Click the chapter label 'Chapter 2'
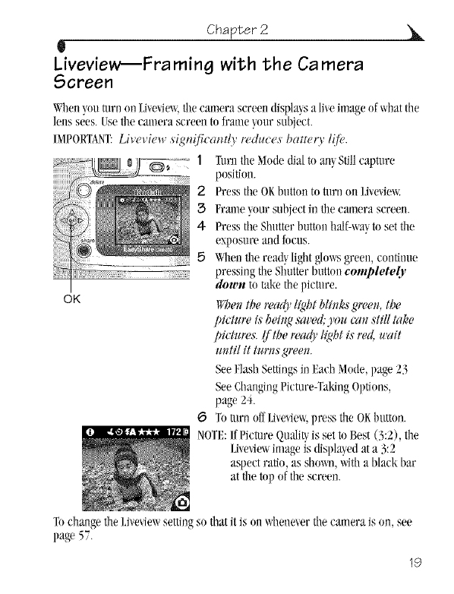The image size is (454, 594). pyautogui.click(x=238, y=30)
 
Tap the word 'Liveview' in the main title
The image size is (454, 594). pyautogui.click(x=87, y=65)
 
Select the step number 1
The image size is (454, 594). pyautogui.click(x=200, y=160)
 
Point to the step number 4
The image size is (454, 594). pyautogui.click(x=201, y=226)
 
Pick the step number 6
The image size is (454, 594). pyautogui.click(x=201, y=418)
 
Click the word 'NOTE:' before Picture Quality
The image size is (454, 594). pyautogui.click(x=212, y=435)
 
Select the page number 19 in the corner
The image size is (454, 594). pyautogui.click(x=415, y=562)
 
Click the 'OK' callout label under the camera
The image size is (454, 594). pyautogui.click(x=72, y=299)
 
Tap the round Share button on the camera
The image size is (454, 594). pyautogui.click(x=84, y=250)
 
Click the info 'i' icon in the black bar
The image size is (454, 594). pyautogui.click(x=90, y=432)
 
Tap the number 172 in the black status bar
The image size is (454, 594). pyautogui.click(x=174, y=432)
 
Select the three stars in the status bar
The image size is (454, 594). pyautogui.click(x=150, y=432)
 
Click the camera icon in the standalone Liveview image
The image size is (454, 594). pyautogui.click(x=182, y=503)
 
